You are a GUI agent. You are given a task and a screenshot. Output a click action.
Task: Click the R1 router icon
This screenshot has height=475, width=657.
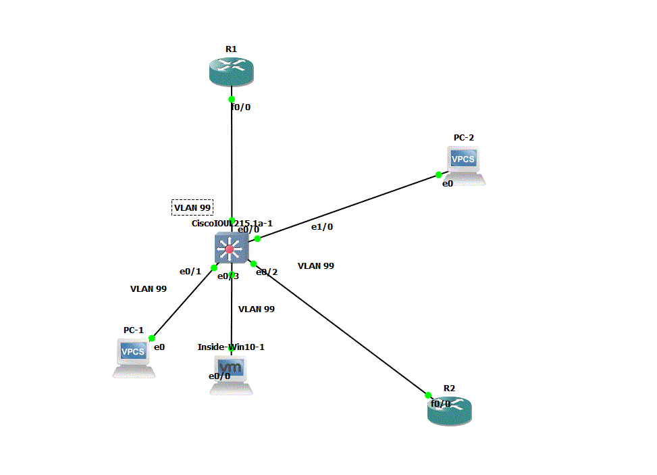[x=231, y=71]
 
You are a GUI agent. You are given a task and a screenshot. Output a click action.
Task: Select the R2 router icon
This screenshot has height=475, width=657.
[x=450, y=410]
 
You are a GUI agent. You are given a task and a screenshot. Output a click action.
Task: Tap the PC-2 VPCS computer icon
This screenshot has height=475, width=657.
[x=465, y=164]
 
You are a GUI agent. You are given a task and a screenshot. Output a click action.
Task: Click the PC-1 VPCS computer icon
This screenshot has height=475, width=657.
[x=133, y=355]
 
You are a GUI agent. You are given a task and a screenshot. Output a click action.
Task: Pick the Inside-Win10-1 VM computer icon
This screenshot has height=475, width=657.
[x=231, y=374]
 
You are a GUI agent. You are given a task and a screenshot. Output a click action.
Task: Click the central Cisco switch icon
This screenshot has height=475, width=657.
[x=230, y=249]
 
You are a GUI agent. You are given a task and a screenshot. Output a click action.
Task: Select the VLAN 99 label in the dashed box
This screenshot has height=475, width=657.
[x=192, y=207]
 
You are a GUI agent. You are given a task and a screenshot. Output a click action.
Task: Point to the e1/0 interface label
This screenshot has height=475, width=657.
[x=322, y=227]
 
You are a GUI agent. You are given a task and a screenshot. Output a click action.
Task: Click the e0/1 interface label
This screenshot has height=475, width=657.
[x=190, y=272]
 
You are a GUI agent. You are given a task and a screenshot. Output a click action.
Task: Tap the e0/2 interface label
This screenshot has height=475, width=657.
[x=267, y=272]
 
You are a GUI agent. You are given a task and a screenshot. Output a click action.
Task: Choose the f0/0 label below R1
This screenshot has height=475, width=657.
[x=240, y=107]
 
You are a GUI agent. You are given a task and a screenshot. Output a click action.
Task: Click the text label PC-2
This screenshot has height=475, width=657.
[x=464, y=138]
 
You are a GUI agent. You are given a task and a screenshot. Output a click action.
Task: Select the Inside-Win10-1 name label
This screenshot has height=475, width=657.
[x=231, y=347]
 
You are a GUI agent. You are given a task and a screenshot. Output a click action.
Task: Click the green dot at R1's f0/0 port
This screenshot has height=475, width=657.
[x=232, y=99]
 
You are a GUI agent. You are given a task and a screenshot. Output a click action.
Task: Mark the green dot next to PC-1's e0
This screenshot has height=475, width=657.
[x=152, y=339]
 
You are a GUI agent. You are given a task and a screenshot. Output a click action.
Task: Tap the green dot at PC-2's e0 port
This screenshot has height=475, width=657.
[x=439, y=175]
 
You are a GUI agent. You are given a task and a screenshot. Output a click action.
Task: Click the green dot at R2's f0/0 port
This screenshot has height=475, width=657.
[x=428, y=395]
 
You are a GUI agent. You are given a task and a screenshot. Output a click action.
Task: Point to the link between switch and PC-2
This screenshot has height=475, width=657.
[x=348, y=207]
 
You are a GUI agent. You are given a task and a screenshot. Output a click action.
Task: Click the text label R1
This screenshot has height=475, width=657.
[x=231, y=49]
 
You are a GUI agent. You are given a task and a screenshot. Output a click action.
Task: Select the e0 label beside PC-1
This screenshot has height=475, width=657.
[x=160, y=347]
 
